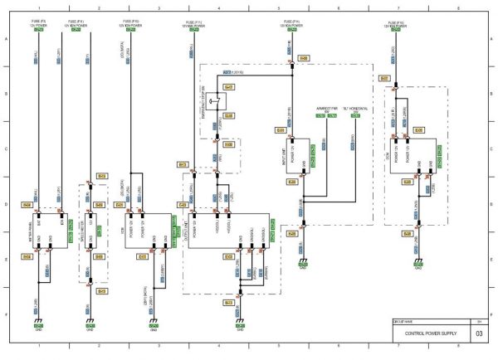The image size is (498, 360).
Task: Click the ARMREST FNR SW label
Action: (327, 109)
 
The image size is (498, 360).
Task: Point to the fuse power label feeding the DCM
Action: (395, 27)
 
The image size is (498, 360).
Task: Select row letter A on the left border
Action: (7, 41)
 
